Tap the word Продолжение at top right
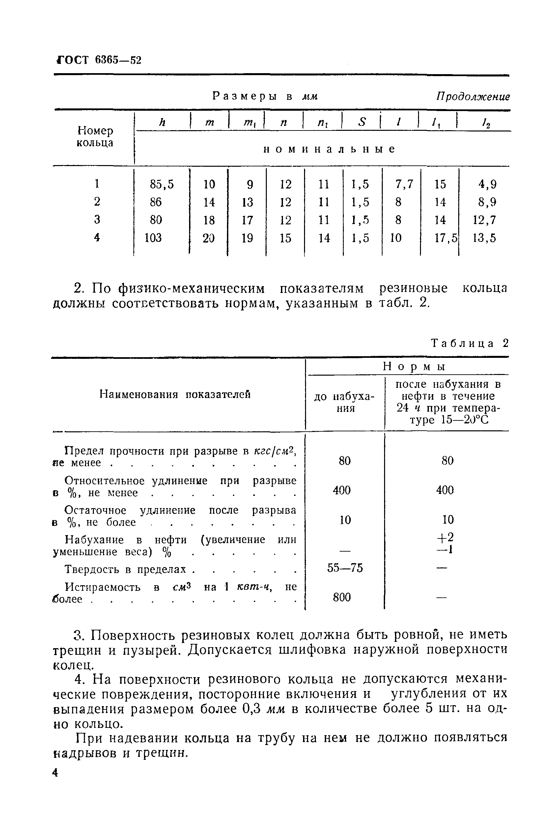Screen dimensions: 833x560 coord(473,97)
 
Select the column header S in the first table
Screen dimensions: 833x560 coord(362,123)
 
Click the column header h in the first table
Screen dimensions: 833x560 coord(162,123)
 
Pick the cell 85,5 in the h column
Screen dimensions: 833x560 coord(161,184)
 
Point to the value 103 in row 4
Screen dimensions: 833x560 coord(153,238)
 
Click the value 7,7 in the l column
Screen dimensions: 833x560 coord(404,184)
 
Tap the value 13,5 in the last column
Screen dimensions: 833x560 coord(484,238)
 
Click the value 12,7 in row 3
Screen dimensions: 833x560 coord(484,220)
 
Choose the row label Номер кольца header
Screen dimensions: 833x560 coord(95,137)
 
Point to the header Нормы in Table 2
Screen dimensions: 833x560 coord(415,366)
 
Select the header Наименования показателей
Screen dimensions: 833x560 coord(175,394)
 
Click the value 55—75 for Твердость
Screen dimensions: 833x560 coord(345,568)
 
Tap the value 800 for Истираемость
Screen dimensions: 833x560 coord(342,597)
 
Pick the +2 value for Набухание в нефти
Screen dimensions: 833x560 coord(446,537)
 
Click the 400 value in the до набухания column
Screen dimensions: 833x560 coord(342,490)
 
